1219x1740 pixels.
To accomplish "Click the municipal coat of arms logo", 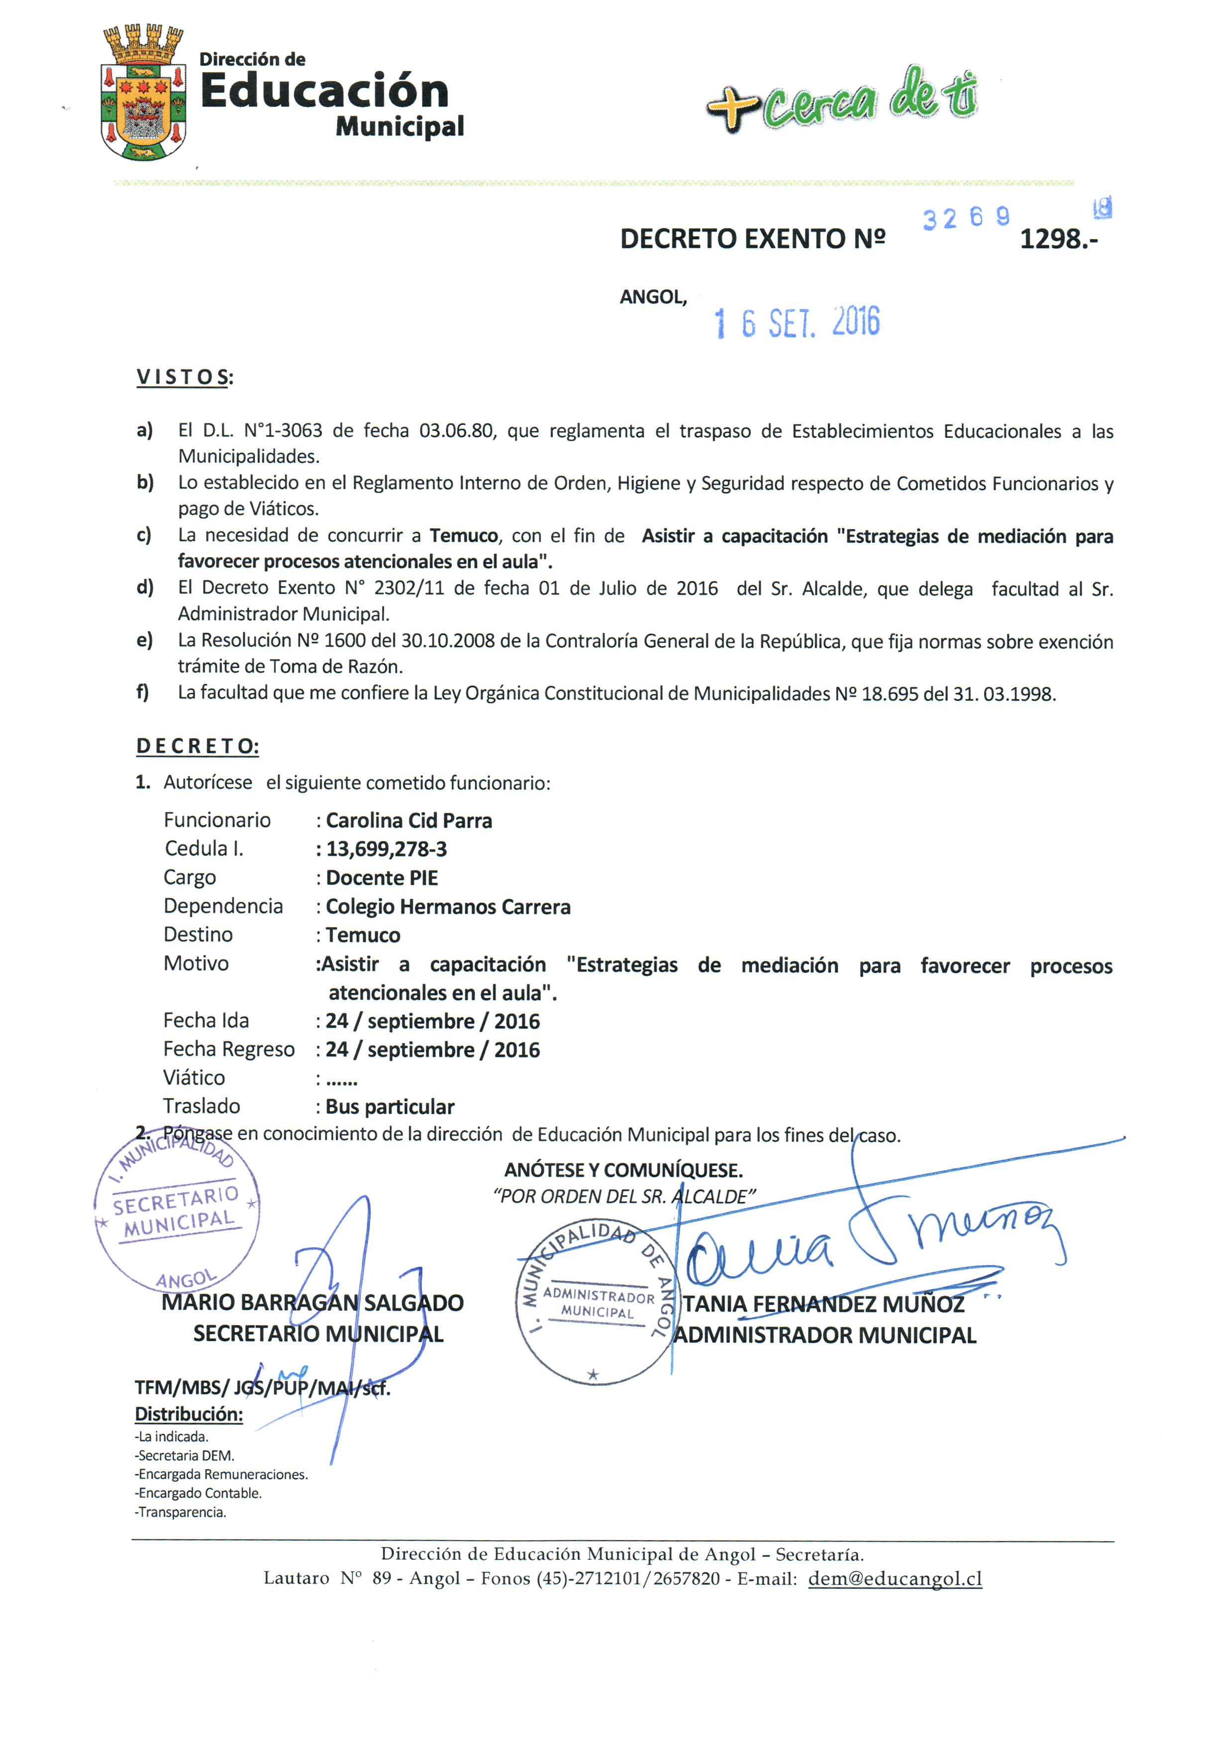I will [x=142, y=93].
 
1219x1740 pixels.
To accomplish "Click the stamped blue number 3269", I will [x=966, y=218].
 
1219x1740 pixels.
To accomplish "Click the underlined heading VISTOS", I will [x=184, y=378].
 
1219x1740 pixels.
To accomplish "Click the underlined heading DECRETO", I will [x=197, y=747].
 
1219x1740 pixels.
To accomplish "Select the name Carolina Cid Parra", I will [x=408, y=821].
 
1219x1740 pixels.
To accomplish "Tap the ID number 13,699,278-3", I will [x=387, y=850].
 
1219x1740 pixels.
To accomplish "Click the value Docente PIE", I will [x=381, y=878].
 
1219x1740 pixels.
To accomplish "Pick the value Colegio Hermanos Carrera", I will [x=447, y=907].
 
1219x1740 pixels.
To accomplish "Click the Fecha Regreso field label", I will [x=228, y=1050].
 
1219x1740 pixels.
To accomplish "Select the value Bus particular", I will [x=390, y=1107].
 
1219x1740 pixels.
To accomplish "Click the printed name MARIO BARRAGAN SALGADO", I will [x=312, y=1303].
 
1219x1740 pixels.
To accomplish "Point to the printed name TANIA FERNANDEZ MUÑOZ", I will [x=824, y=1304].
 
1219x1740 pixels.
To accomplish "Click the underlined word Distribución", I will [x=189, y=1414].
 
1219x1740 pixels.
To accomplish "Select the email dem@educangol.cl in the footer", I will [x=895, y=1578].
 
